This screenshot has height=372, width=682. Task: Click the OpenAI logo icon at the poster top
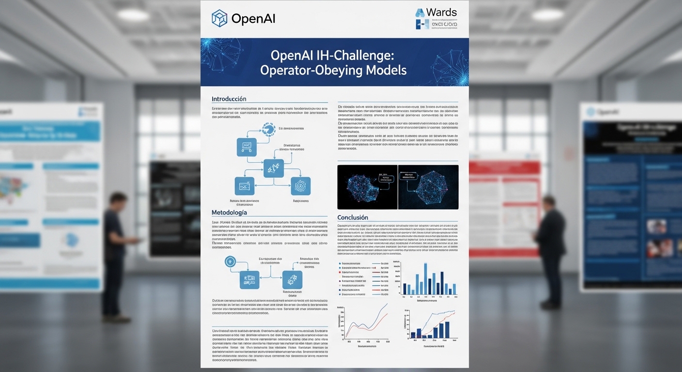[219, 18]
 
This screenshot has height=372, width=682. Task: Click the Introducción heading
[229, 99]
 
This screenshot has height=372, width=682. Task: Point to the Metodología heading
[229, 212]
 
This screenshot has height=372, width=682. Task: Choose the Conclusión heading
[353, 217]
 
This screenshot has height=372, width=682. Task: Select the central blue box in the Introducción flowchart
[273, 168]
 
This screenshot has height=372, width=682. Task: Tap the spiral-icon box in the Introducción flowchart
[300, 186]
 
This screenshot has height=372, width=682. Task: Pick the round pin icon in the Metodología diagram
[230, 261]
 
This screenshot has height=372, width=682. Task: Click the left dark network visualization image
[367, 187]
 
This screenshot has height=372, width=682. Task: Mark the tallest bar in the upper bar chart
[425, 279]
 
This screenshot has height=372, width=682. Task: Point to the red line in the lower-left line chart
[373, 324]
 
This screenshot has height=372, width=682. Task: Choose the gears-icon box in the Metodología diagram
[292, 280]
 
